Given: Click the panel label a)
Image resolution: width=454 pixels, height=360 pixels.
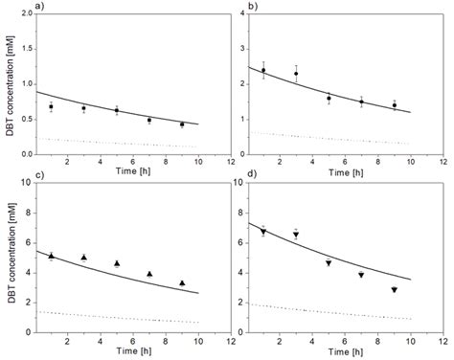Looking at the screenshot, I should [37, 9].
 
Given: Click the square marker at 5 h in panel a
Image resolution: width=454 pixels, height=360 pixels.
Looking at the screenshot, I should [117, 111].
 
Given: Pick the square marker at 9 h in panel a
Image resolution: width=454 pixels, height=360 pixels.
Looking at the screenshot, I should [182, 124].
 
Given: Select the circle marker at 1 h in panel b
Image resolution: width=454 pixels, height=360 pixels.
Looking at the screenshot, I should [263, 70].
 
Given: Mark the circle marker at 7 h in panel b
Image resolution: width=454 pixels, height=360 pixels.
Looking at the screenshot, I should [361, 102].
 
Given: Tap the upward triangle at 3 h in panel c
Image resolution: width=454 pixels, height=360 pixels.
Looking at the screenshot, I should [84, 258].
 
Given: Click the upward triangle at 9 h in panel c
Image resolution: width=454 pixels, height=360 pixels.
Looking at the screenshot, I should [182, 283].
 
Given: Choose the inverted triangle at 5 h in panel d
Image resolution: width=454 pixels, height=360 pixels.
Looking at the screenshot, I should [329, 263].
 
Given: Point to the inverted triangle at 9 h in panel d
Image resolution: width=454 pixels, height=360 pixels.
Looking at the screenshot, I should [394, 290].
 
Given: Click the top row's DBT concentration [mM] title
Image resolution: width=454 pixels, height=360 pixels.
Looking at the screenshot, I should [9, 86].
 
